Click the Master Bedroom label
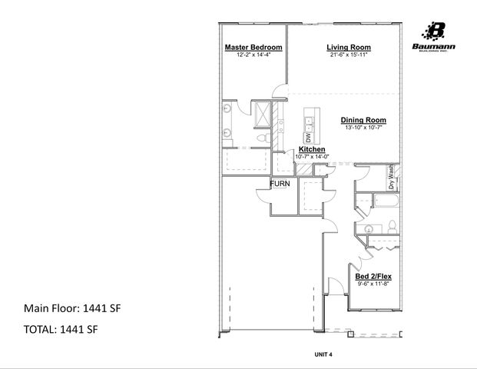coord(253,48)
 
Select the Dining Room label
coord(363,120)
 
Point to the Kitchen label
coord(312,149)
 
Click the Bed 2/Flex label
coord(373,275)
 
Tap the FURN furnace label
coord(280,184)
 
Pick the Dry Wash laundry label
coord(391,178)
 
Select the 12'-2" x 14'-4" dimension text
coord(253,55)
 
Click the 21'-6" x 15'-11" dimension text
coord(349,55)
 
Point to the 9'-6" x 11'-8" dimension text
coord(373,284)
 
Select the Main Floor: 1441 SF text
coord(73,308)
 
